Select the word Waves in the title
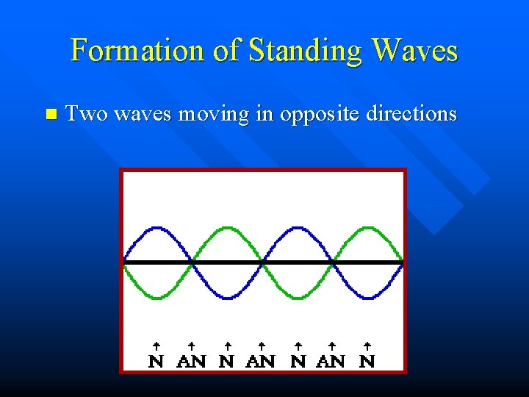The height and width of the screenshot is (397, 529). click(x=415, y=51)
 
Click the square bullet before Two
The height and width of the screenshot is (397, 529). click(x=50, y=114)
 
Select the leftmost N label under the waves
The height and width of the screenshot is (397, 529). click(x=156, y=361)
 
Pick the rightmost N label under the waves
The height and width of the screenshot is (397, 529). click(x=367, y=361)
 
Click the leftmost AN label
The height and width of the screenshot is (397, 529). click(x=192, y=361)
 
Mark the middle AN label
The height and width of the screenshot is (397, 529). click(x=262, y=361)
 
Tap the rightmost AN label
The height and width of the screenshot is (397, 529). click(x=331, y=361)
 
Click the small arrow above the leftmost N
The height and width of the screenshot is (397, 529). click(x=156, y=345)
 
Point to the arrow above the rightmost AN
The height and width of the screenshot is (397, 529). click(x=331, y=345)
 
